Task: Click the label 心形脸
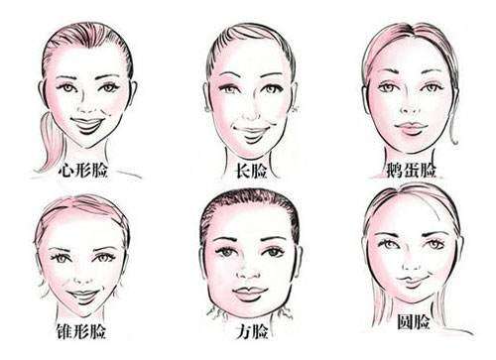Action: click(83, 171)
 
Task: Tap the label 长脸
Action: click(251, 171)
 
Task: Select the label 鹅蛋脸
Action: click(411, 170)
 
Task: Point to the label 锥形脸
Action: click(81, 331)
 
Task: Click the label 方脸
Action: click(252, 331)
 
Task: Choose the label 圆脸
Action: click(414, 322)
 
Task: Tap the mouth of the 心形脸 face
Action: click(88, 126)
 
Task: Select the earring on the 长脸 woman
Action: click(296, 108)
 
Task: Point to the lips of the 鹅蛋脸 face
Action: click(411, 128)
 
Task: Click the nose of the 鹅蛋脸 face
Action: click(410, 110)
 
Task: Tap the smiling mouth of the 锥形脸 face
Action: click(83, 296)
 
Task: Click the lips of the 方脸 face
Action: click(250, 293)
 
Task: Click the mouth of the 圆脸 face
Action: click(413, 281)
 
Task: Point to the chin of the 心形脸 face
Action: click(87, 142)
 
